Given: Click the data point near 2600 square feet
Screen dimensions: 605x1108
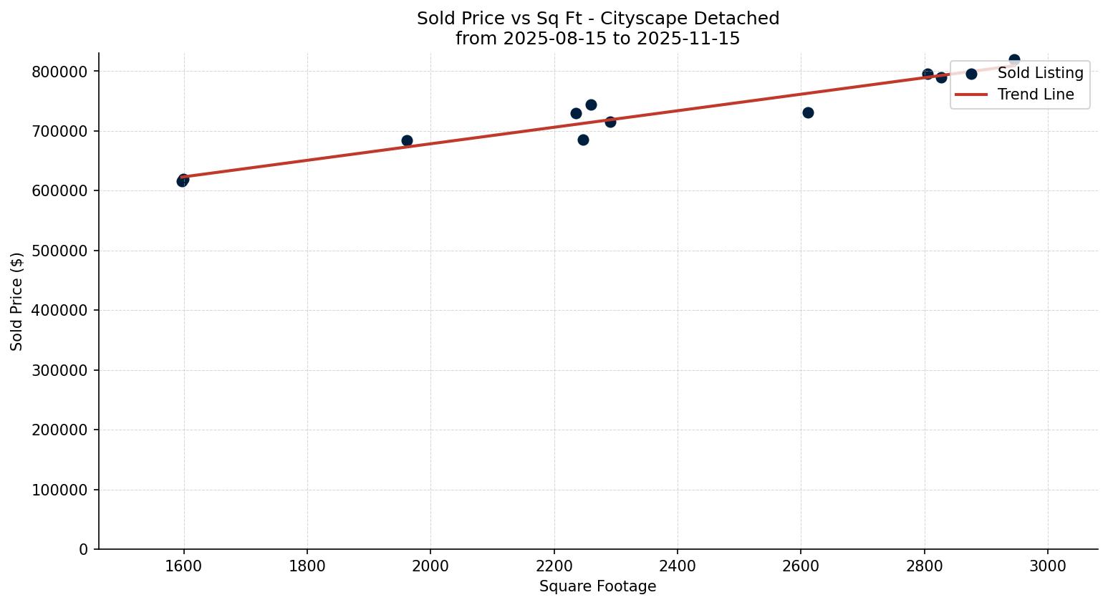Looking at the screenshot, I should pyautogui.click(x=808, y=112).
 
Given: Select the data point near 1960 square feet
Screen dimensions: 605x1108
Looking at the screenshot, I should pyautogui.click(x=407, y=140).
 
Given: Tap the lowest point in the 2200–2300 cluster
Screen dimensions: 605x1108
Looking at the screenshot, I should pyautogui.click(x=583, y=140).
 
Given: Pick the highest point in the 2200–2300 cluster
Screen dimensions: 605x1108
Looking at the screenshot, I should pyautogui.click(x=591, y=105).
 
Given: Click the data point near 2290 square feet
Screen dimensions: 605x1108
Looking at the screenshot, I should pyautogui.click(x=610, y=122).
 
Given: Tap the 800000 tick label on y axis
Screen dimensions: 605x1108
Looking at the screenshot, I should pyautogui.click(x=60, y=72).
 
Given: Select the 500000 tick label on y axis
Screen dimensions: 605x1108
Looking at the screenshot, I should pyautogui.click(x=60, y=251).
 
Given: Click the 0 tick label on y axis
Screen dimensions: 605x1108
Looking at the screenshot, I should pyautogui.click(x=85, y=549).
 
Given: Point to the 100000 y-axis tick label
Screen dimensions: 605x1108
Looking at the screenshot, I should pyautogui.click(x=60, y=490).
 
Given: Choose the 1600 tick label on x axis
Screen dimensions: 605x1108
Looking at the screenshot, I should pyautogui.click(x=184, y=566).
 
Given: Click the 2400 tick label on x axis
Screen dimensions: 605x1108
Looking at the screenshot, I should pyautogui.click(x=678, y=566).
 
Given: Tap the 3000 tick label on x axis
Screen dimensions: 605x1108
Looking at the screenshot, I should pyautogui.click(x=1048, y=566).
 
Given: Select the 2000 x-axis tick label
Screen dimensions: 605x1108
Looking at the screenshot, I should pyautogui.click(x=430, y=566).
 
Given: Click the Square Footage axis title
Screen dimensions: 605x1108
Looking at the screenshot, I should pyautogui.click(x=597, y=586).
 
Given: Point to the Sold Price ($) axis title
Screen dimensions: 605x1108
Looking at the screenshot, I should pyautogui.click(x=17, y=301).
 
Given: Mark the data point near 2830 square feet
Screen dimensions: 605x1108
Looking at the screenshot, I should pyautogui.click(x=941, y=77).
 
